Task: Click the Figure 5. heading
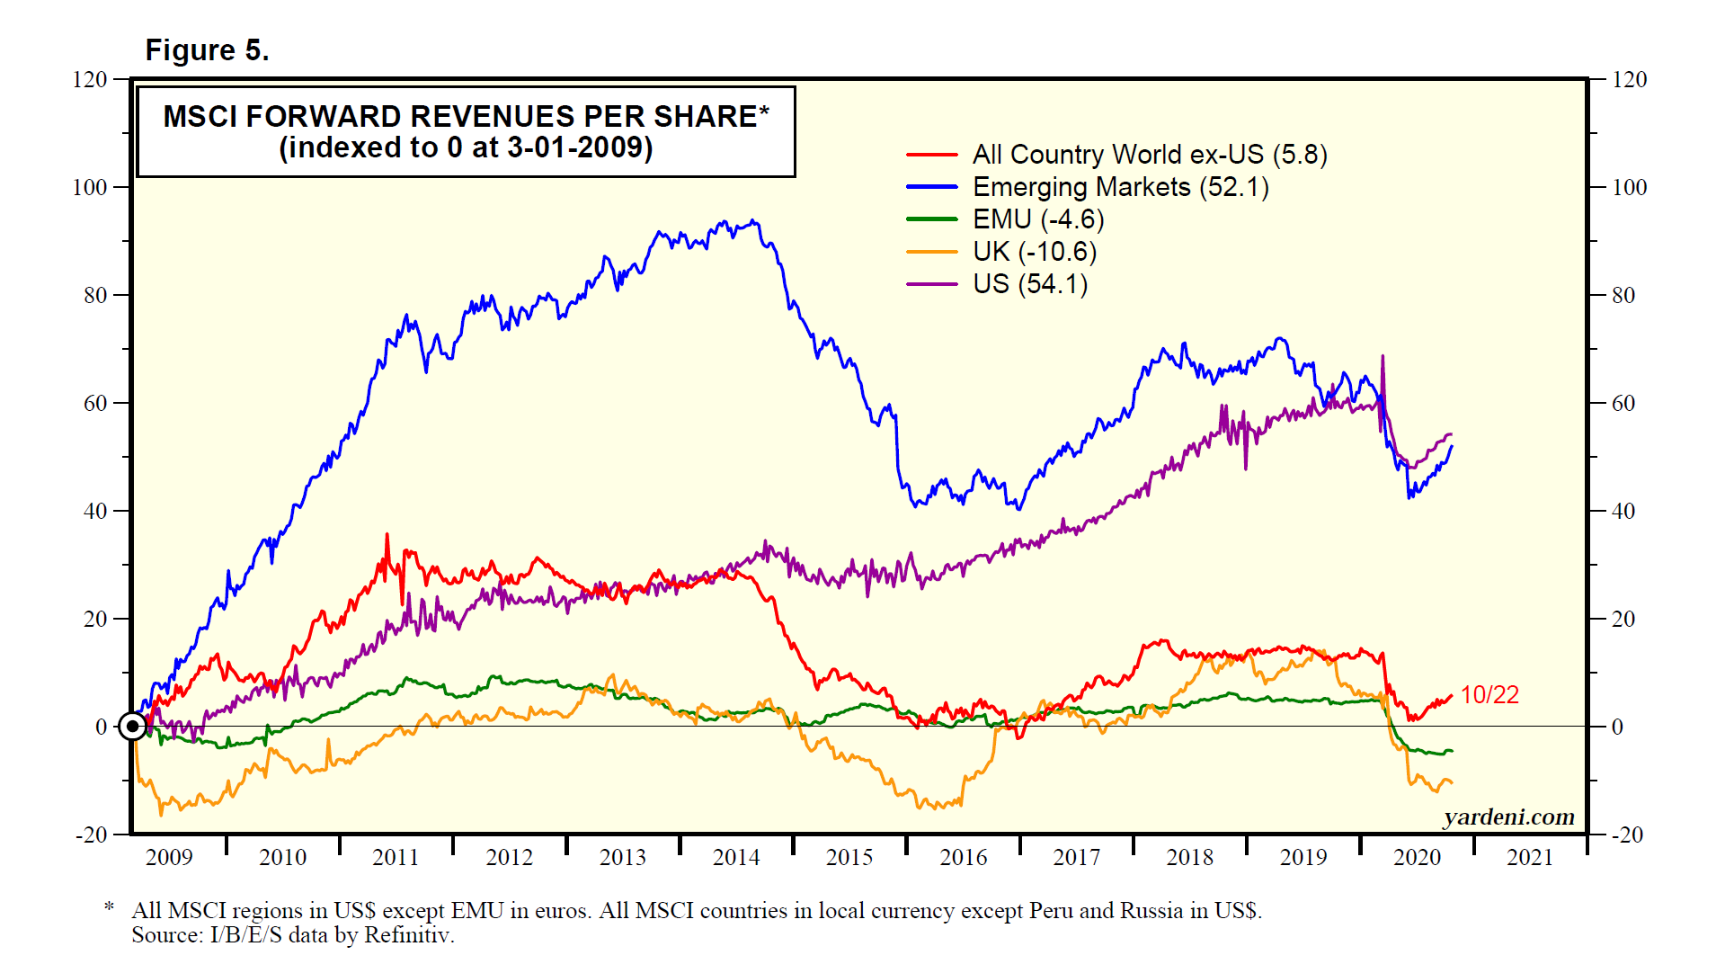tap(207, 50)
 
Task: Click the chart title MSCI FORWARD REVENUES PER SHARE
tap(466, 117)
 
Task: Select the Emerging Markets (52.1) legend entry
tap(1120, 187)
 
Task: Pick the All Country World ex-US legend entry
tap(1149, 155)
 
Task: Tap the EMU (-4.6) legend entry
tap(1038, 219)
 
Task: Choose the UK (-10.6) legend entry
tap(1035, 252)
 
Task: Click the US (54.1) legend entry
tap(1030, 284)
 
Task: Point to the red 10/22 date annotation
tap(1489, 695)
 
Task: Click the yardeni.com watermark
tap(1508, 817)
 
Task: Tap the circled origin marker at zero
tap(133, 726)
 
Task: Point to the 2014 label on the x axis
tap(736, 858)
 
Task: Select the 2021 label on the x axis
tap(1530, 858)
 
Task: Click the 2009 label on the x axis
tap(169, 858)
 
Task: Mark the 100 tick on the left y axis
tap(90, 187)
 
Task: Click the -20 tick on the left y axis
tap(90, 835)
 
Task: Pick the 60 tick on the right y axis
tap(1623, 403)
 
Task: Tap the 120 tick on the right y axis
tap(1629, 79)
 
